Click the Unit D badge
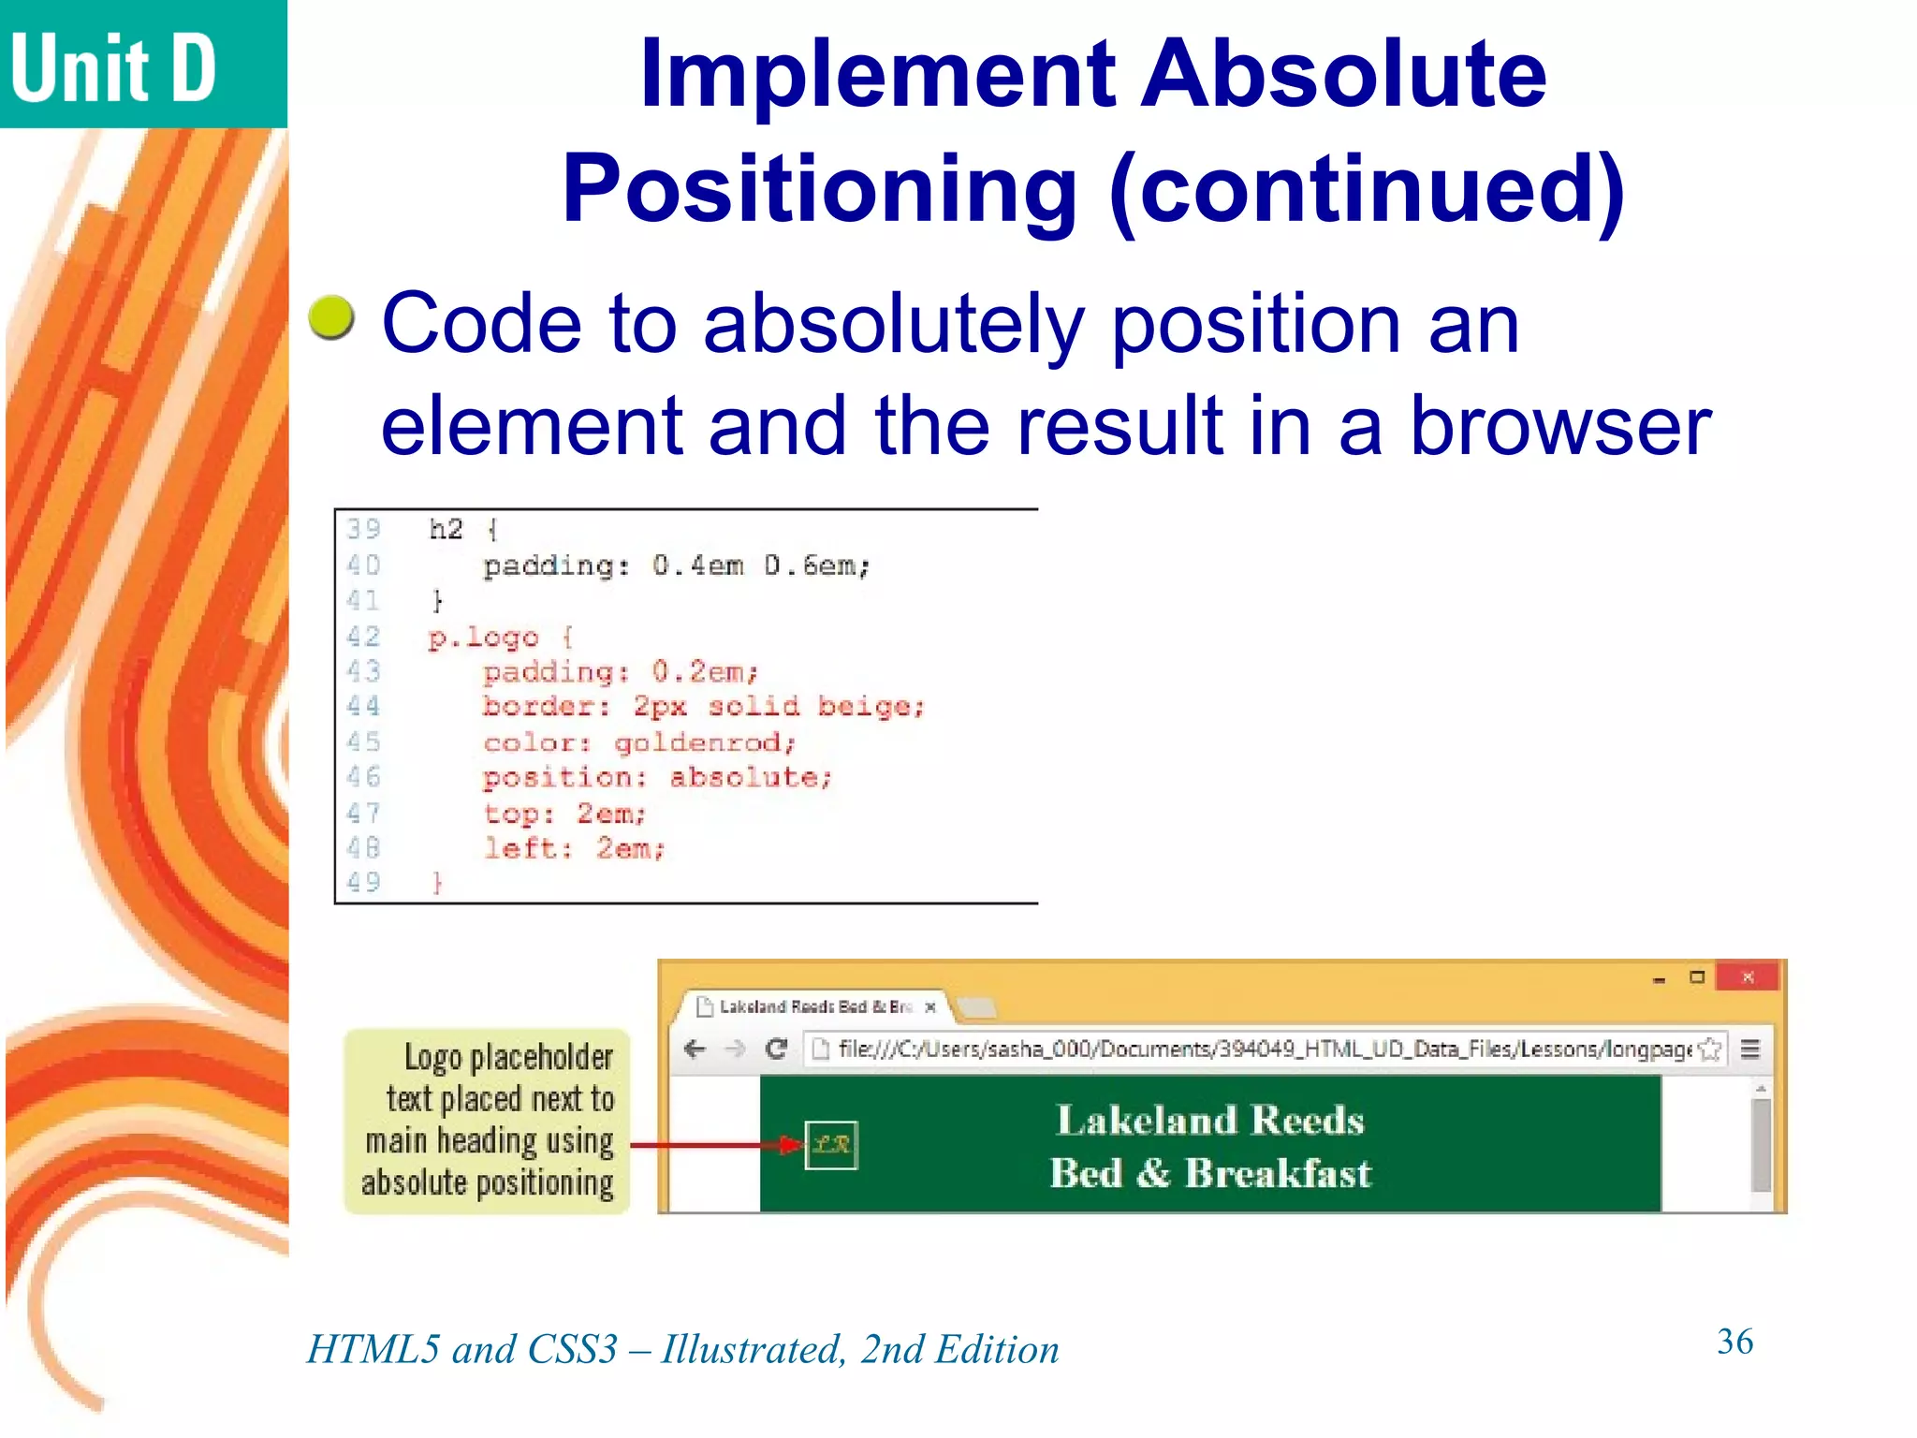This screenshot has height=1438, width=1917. (x=114, y=67)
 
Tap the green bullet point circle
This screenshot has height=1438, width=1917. (x=331, y=317)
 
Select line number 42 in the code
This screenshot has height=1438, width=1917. (x=363, y=637)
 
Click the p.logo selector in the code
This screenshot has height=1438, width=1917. (x=483, y=638)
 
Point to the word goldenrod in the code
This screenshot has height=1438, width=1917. (x=704, y=743)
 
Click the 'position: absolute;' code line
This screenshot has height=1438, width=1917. (x=657, y=778)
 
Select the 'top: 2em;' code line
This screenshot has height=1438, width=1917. (x=564, y=814)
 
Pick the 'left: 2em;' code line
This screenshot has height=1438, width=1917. (x=574, y=849)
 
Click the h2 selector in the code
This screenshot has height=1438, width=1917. (x=446, y=530)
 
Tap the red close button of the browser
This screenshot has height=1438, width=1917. (x=1748, y=977)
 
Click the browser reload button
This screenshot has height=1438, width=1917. (x=776, y=1049)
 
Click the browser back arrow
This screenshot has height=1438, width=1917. (x=695, y=1049)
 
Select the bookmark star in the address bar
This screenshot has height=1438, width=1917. (x=1710, y=1049)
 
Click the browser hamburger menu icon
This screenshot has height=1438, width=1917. (x=1749, y=1049)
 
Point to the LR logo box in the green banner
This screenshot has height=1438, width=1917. (x=831, y=1144)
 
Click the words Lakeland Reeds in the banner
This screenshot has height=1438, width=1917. (x=1210, y=1121)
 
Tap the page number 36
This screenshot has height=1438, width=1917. (x=1734, y=1342)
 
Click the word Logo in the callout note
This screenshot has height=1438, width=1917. (x=433, y=1057)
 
